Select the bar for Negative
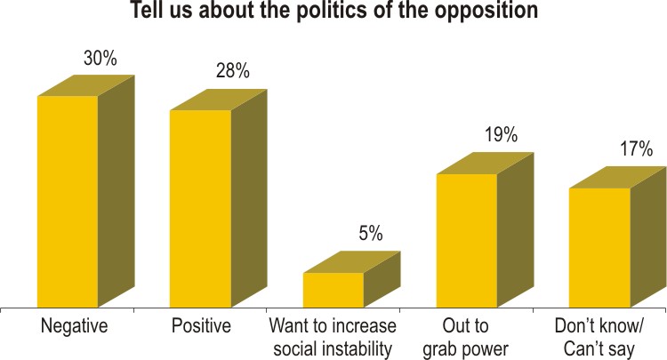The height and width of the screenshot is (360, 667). click(x=67, y=200)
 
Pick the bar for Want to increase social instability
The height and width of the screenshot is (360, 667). click(x=333, y=289)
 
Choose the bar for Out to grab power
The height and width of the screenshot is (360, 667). click(x=466, y=240)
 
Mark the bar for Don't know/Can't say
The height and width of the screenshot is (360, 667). click(x=599, y=247)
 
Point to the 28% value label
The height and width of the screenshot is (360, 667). click(x=232, y=71)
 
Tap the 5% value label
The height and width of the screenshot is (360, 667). click(x=370, y=234)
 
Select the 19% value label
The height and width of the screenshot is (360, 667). click(x=502, y=136)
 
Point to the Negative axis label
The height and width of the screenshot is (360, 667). click(x=74, y=326)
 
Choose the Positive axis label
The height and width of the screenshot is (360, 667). click(x=201, y=326)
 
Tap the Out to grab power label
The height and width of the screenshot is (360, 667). click(x=467, y=337)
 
